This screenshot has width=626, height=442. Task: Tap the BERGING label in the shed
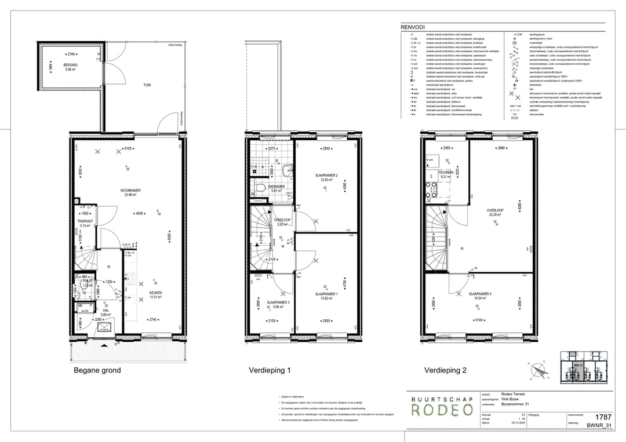click(x=71, y=65)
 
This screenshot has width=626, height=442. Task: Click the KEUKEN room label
click(x=155, y=293)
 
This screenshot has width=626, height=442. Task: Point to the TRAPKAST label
click(x=85, y=221)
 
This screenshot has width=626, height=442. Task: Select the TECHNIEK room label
click(x=445, y=173)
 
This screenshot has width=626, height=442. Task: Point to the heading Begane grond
click(x=97, y=370)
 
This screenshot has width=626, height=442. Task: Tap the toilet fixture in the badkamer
click(x=260, y=188)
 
